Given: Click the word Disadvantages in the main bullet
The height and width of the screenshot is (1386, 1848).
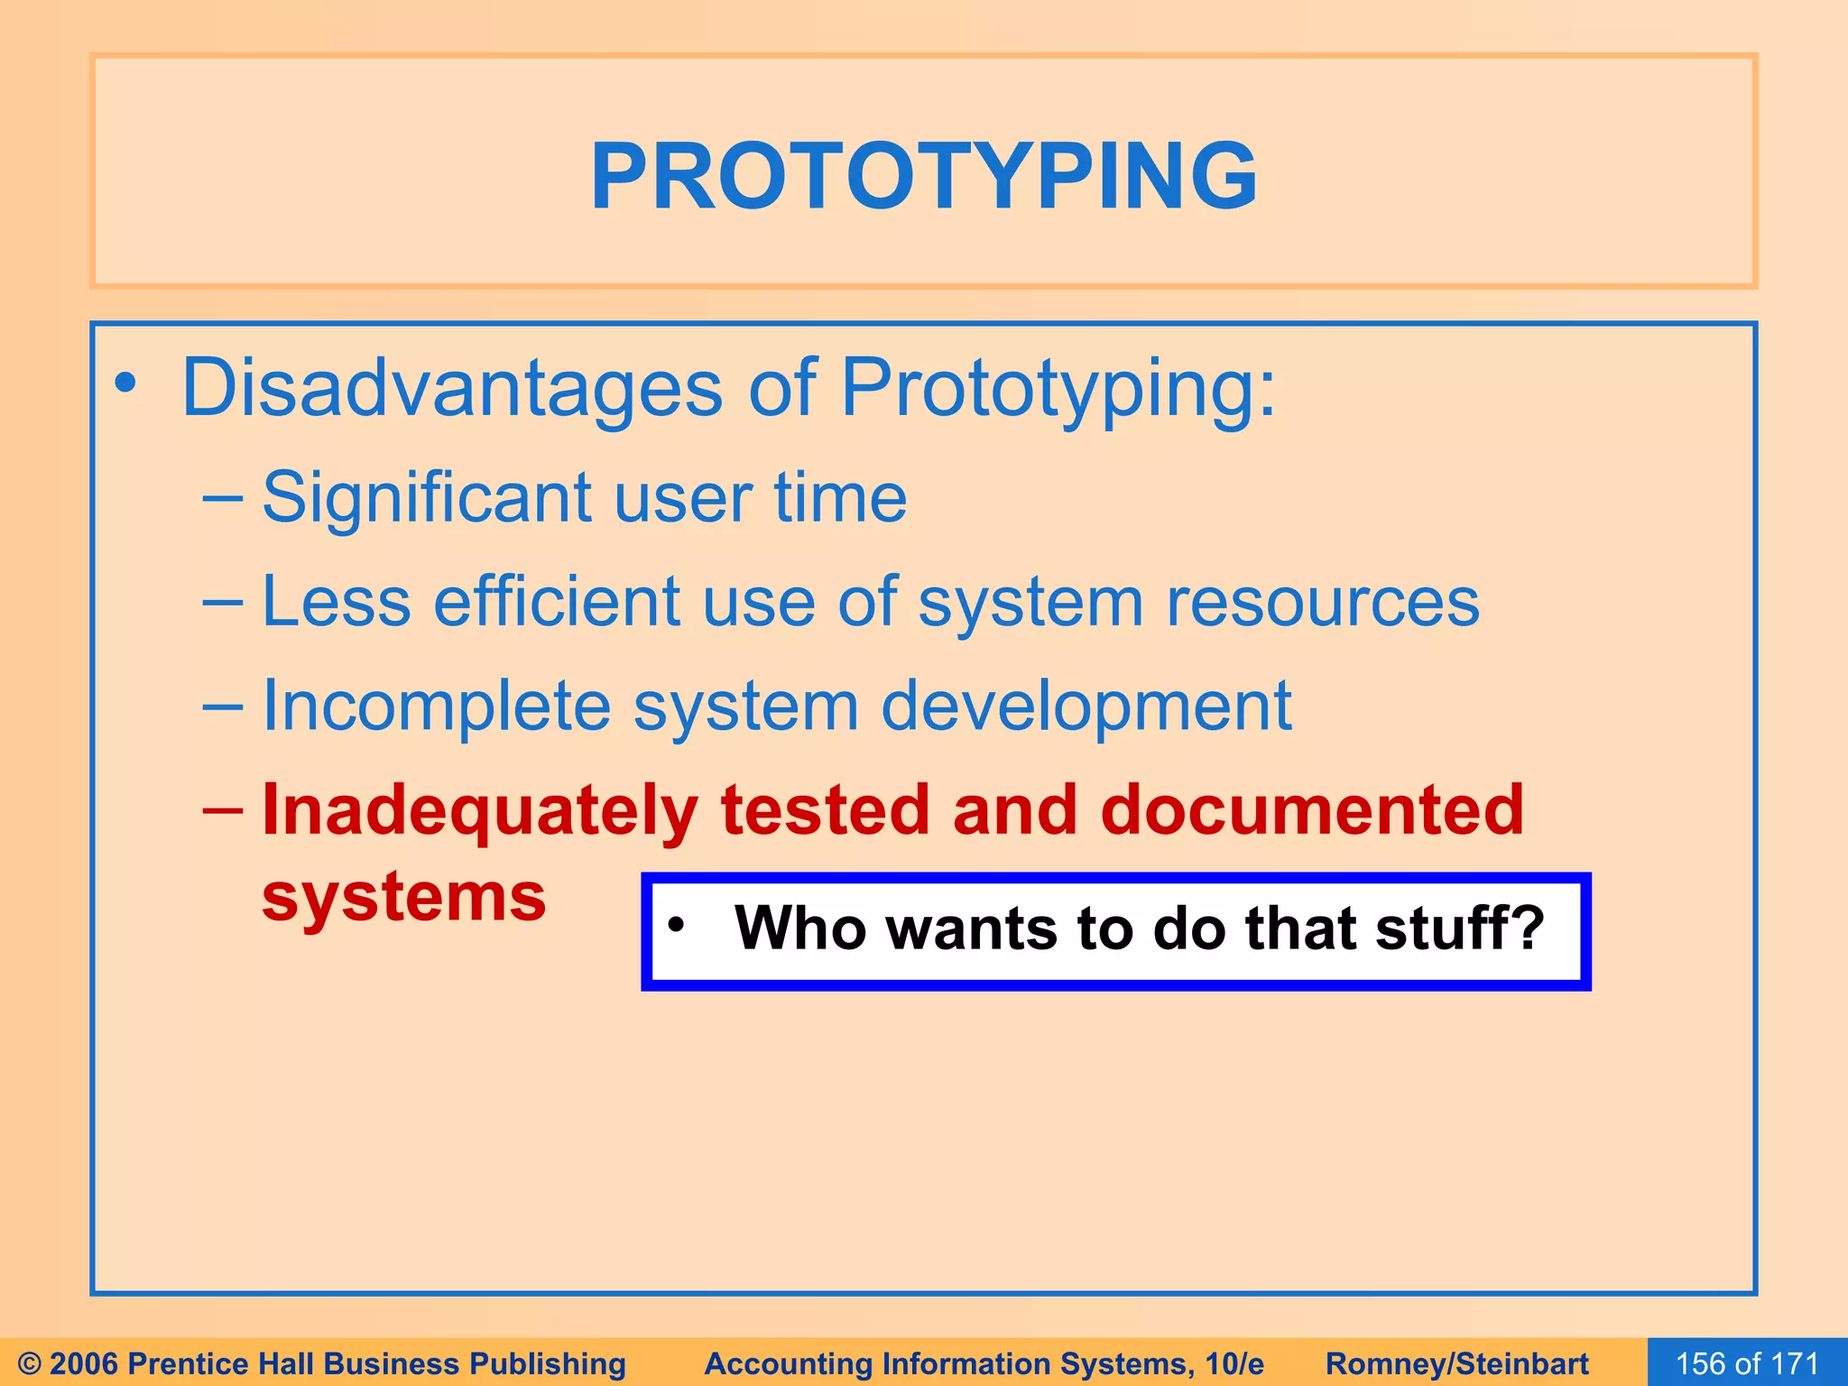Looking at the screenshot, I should click(x=451, y=388).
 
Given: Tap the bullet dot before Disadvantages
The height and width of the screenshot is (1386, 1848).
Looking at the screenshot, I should click(x=125, y=383).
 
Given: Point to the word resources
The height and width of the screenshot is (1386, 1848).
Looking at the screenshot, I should click(x=1323, y=602).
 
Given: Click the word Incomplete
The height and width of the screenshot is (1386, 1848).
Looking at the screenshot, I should click(x=437, y=706).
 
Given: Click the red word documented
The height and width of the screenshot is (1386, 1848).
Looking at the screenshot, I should click(x=1312, y=810).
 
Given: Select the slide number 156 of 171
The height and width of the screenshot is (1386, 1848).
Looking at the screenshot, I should click(x=1747, y=1363).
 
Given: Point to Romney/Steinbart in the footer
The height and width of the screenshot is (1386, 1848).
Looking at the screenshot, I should click(x=1457, y=1363).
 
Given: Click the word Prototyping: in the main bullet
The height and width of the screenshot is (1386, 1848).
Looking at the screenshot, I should click(x=1058, y=388).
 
